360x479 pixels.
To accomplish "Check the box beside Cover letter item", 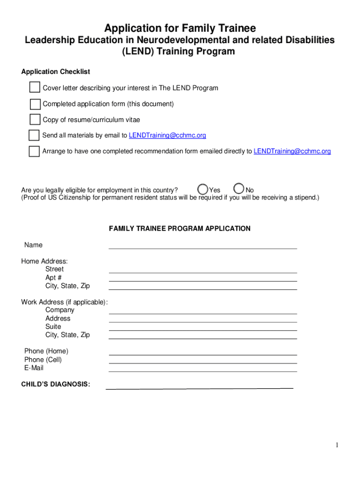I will coord(35,87).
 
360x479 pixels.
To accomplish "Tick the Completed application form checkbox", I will coord(35,104).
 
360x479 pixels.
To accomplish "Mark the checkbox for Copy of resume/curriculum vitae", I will coord(35,120).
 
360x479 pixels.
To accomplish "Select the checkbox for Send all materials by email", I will coord(34,135).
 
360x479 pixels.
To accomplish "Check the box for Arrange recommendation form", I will coord(34,151).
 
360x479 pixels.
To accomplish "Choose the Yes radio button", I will coord(203,189).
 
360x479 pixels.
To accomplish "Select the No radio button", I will coord(239,189).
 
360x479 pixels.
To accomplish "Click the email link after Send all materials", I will coord(167,136).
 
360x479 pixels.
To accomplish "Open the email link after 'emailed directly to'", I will coord(292,152).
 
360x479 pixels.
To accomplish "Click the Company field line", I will coord(202,311).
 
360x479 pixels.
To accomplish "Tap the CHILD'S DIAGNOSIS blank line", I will coord(199,386).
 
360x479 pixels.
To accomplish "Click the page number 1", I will coord(336,445).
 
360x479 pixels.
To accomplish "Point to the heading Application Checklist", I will coord(56,72).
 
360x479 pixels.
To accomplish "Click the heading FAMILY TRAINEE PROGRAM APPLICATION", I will coord(180,229).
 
